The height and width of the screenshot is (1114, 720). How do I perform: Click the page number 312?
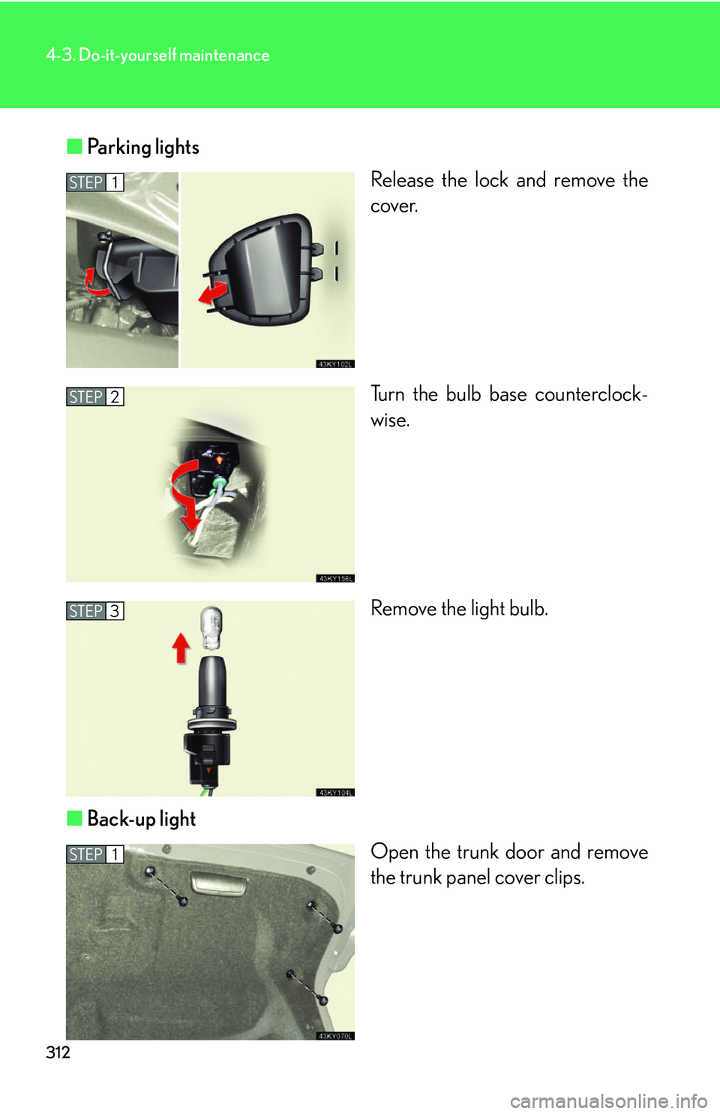[x=58, y=1052]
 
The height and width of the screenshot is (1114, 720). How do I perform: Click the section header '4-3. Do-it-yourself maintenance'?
[x=157, y=56]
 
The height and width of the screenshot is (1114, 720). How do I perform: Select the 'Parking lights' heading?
[x=142, y=147]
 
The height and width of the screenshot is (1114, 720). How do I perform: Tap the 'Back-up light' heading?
[x=141, y=819]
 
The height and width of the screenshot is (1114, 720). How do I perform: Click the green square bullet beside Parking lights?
[x=74, y=146]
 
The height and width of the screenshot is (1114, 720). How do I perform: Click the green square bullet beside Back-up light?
[x=74, y=818]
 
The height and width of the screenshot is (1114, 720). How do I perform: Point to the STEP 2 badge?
[x=94, y=397]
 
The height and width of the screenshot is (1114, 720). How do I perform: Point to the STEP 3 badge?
[x=94, y=611]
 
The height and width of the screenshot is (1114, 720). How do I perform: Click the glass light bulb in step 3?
[x=211, y=628]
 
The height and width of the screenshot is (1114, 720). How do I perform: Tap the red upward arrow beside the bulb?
[x=181, y=648]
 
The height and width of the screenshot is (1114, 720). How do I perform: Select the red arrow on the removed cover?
[x=213, y=293]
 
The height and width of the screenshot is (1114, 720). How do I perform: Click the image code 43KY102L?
[x=335, y=364]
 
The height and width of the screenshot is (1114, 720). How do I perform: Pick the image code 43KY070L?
[x=335, y=1036]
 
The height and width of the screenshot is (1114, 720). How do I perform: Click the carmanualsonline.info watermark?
[x=608, y=1101]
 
